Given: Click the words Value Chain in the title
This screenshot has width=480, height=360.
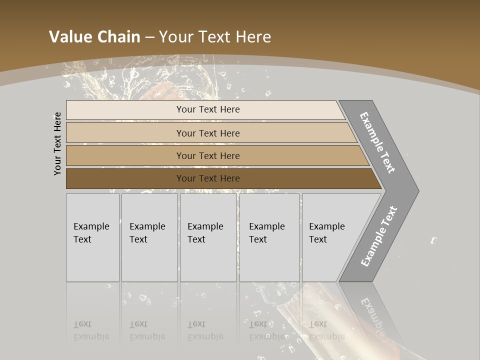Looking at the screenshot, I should (x=94, y=37).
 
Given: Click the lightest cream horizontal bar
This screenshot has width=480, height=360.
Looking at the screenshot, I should (x=125, y=110).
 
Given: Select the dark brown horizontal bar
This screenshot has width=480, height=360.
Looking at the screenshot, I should (x=125, y=178).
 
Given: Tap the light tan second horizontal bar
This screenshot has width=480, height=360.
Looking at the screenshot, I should (x=125, y=133).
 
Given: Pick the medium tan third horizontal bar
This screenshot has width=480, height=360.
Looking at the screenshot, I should (x=125, y=155).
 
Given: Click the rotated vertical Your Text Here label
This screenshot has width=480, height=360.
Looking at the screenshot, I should (x=57, y=144).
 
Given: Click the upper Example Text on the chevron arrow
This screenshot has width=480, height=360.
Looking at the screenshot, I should (x=377, y=142).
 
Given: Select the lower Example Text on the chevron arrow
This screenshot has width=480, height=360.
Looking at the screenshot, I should (x=378, y=236).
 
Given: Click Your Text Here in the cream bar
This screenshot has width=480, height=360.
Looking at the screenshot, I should (x=208, y=109).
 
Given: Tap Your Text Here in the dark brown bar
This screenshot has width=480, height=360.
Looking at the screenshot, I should (x=208, y=178).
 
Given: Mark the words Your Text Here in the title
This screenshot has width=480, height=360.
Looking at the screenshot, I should (x=215, y=37).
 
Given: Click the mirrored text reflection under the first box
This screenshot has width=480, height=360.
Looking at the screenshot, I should (x=91, y=330).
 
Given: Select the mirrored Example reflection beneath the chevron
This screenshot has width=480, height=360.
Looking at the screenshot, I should (x=372, y=315).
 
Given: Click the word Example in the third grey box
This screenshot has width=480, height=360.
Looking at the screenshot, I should (x=205, y=226).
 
